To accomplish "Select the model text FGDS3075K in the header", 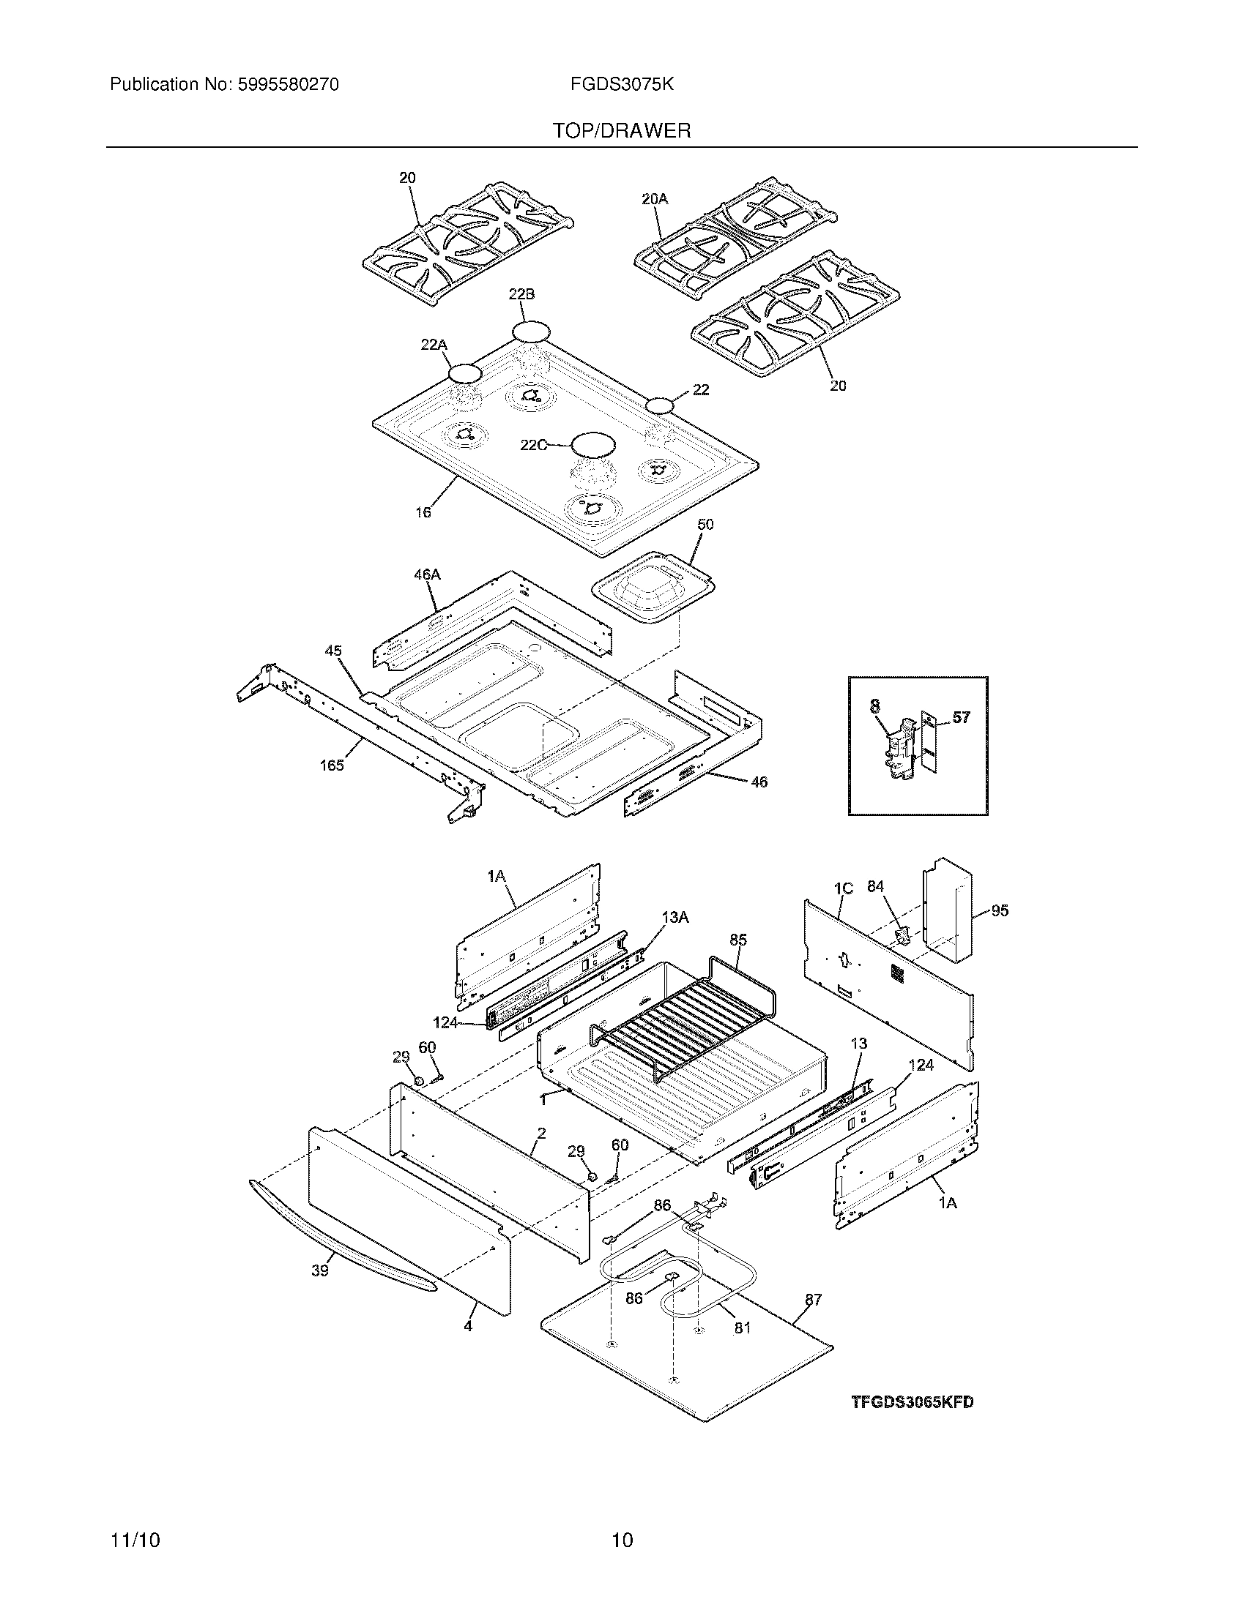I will [x=621, y=85].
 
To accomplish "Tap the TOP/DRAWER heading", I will [x=622, y=131].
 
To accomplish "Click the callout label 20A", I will [x=655, y=198].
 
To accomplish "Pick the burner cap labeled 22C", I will [x=594, y=444].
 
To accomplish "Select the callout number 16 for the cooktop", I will [x=423, y=512].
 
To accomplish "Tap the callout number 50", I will [x=705, y=525].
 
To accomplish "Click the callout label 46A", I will [x=427, y=574].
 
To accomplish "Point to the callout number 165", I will [x=332, y=765].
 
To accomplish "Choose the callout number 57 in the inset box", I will [x=961, y=717].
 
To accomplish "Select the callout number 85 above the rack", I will [x=738, y=940].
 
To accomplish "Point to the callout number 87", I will [x=813, y=1300].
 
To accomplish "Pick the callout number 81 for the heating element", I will [x=742, y=1327].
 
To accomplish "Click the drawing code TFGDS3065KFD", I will [x=913, y=1402].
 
